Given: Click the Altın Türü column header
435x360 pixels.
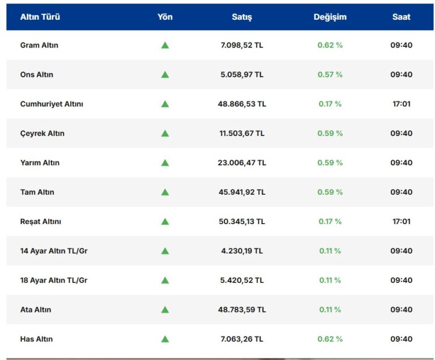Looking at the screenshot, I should pyautogui.click(x=40, y=17).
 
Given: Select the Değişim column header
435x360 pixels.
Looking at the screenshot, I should pyautogui.click(x=330, y=17).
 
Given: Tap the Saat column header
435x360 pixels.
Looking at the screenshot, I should pyautogui.click(x=402, y=17).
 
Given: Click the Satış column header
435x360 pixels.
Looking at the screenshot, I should pyautogui.click(x=242, y=17).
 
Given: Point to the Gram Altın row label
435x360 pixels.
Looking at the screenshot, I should pyautogui.click(x=39, y=45).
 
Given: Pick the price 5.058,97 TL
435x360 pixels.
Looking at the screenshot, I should pyautogui.click(x=242, y=75).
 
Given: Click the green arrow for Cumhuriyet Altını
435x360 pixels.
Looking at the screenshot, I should pyautogui.click(x=165, y=104).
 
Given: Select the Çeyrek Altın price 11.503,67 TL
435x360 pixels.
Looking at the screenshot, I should pyautogui.click(x=242, y=134).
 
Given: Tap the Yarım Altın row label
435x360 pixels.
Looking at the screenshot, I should pyautogui.click(x=40, y=163).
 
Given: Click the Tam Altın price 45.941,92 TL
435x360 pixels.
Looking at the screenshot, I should pyautogui.click(x=242, y=192).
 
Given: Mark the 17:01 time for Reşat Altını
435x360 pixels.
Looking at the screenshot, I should pyautogui.click(x=402, y=222).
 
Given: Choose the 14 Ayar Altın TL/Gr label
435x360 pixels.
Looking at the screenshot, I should pyautogui.click(x=54, y=251).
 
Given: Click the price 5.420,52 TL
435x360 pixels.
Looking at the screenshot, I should pyautogui.click(x=242, y=280).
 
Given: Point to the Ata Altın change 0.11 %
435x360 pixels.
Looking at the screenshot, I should pyautogui.click(x=330, y=310).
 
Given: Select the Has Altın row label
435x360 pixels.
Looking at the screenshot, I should pyautogui.click(x=37, y=339).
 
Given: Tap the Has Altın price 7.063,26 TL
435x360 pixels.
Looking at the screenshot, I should pyautogui.click(x=242, y=339).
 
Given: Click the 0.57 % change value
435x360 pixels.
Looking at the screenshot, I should pyautogui.click(x=330, y=75).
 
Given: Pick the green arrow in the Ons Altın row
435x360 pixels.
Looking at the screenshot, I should pyautogui.click(x=165, y=75).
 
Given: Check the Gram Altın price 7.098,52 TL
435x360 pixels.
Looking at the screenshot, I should pyautogui.click(x=242, y=45).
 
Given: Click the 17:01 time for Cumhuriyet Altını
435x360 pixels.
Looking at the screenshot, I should pyautogui.click(x=402, y=104).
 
